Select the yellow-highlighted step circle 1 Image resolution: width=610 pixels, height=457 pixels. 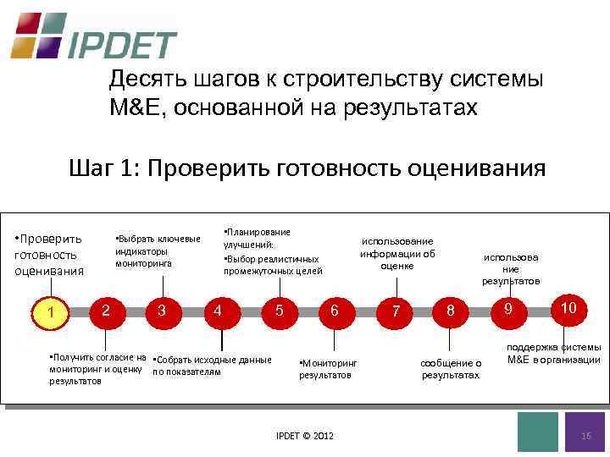[x=52, y=313]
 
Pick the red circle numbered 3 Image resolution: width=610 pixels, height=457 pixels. [x=161, y=311]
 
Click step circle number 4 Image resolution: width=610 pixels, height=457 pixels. [x=219, y=311]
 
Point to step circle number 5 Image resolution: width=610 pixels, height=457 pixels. [x=279, y=311]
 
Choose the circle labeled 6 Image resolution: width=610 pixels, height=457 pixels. [x=335, y=311]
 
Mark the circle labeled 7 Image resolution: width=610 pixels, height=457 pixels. [x=395, y=311]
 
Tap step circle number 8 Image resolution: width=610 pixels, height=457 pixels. [x=451, y=311]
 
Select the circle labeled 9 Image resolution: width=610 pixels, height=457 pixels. [x=507, y=309]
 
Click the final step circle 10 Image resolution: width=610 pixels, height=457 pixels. [x=568, y=307]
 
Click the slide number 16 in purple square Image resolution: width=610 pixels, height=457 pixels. [x=585, y=433]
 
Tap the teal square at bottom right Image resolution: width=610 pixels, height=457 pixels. [x=537, y=432]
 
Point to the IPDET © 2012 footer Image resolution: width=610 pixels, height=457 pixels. [x=305, y=435]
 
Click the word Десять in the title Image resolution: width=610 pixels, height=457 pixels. [x=139, y=80]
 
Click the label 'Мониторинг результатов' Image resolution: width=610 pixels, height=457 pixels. [x=328, y=368]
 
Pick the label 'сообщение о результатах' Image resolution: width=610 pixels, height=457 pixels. [x=451, y=368]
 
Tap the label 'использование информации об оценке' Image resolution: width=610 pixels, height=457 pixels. [x=397, y=253]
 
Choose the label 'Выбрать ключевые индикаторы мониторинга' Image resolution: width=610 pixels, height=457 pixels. [x=158, y=251]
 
